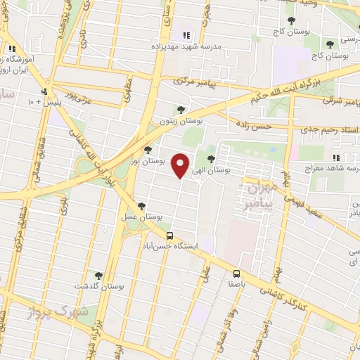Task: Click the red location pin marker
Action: coord(181,165)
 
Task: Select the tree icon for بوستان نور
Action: coord(147,149)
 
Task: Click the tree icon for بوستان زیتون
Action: coord(182,109)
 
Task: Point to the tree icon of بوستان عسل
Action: coord(142,206)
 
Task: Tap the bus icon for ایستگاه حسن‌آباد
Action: coord(169,236)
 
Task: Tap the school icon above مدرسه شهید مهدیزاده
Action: coord(186,34)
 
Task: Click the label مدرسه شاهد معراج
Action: coord(330,169)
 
